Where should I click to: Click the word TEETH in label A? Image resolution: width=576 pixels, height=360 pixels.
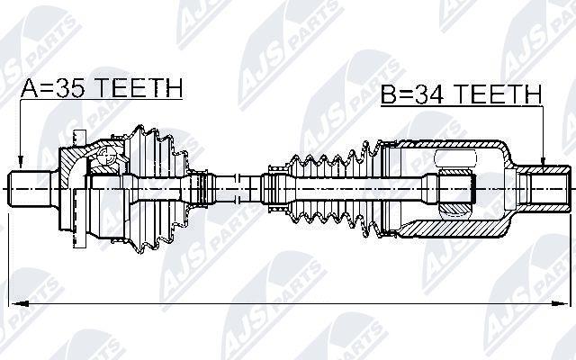[140, 87]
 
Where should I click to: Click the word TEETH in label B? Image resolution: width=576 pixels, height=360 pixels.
[498, 94]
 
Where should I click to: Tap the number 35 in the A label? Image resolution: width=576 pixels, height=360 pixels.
[69, 87]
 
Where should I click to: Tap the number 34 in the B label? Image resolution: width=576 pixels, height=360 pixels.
[429, 94]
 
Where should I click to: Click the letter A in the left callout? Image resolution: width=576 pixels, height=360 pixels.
[30, 87]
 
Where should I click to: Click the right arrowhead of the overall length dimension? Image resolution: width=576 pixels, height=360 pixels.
[559, 304]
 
